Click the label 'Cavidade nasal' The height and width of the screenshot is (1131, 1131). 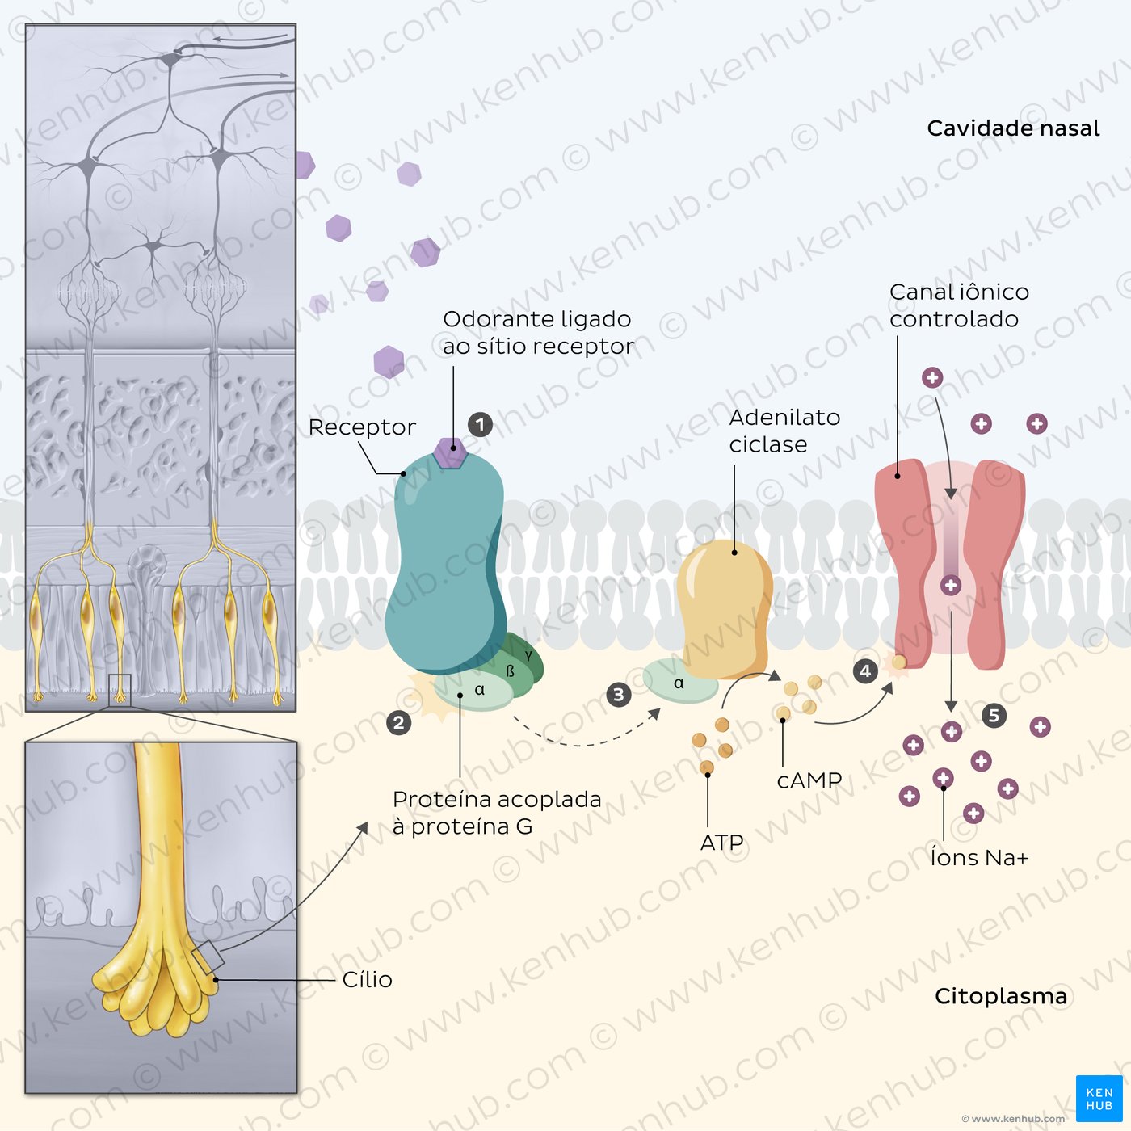coord(1012,128)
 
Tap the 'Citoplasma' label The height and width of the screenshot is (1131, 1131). coord(1001,996)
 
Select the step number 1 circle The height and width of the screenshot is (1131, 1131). coord(480,424)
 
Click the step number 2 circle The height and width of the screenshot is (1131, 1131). coord(398,723)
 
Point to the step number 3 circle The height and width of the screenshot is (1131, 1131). coord(618,695)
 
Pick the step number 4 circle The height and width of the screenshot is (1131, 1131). coord(865,671)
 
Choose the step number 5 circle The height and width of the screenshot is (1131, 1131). coord(994,716)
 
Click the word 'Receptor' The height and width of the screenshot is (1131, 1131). coord(362,427)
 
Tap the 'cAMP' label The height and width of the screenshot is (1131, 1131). coord(809,780)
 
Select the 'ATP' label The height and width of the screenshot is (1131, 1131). coord(722,843)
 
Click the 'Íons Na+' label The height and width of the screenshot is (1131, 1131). coord(979,857)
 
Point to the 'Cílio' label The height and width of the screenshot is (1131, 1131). coord(367,980)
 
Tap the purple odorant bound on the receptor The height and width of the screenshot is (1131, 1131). coord(450,452)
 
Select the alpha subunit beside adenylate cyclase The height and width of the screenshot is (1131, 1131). coord(680,681)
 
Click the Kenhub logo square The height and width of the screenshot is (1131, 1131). coord(1099,1099)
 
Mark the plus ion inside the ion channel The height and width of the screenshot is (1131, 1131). coord(951,585)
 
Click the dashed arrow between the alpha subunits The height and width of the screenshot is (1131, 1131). coord(585,737)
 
